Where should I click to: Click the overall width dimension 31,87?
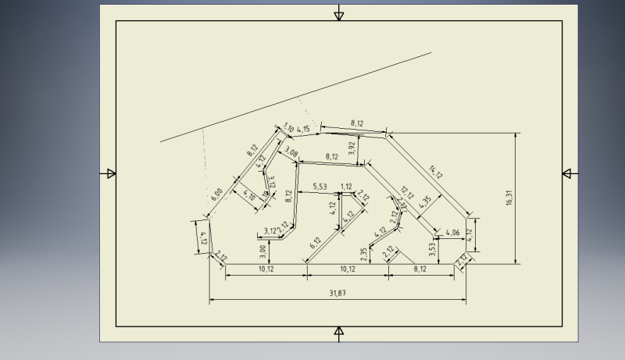pyautogui.click(x=338, y=293)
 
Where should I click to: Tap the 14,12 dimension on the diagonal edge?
pyautogui.click(x=436, y=172)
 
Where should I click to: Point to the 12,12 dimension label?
pyautogui.click(x=405, y=191)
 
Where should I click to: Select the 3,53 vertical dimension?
pyautogui.click(x=432, y=249)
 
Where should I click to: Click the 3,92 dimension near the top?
pyautogui.click(x=352, y=148)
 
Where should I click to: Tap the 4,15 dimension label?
pyautogui.click(x=304, y=129)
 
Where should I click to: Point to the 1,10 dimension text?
pyautogui.click(x=289, y=126)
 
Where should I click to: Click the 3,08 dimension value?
pyautogui.click(x=291, y=152)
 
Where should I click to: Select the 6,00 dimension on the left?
pyautogui.click(x=217, y=194)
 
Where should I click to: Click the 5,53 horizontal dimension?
pyautogui.click(x=319, y=187)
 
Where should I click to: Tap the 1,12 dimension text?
pyautogui.click(x=347, y=187)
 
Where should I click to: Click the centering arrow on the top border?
pyautogui.click(x=338, y=14)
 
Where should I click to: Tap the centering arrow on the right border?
pyautogui.click(x=569, y=173)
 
